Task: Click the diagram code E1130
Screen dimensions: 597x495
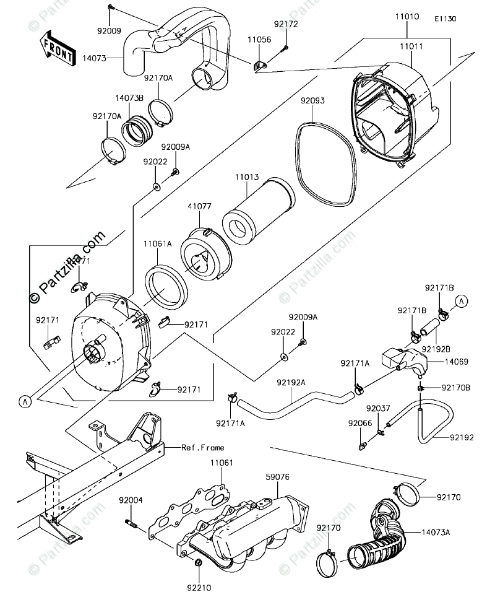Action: point(445,19)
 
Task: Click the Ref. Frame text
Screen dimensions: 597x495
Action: point(203,448)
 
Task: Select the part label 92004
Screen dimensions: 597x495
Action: point(131,500)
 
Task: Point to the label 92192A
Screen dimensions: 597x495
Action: point(293,383)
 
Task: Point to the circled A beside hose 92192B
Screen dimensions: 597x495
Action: point(462,301)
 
